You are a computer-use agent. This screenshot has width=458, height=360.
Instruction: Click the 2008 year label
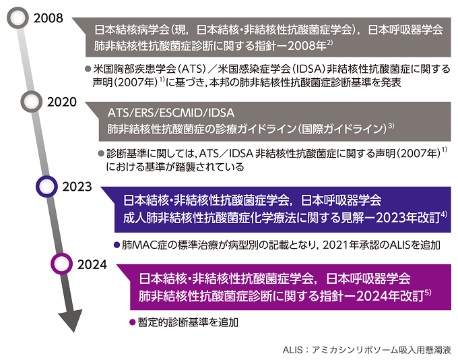click(48, 18)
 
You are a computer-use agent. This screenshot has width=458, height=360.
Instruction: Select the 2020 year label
click(62, 102)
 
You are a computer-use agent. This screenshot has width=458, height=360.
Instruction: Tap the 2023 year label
click(77, 187)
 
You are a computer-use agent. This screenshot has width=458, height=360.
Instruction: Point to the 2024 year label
click(92, 264)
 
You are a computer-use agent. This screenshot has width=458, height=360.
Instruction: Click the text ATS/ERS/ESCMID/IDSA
click(171, 113)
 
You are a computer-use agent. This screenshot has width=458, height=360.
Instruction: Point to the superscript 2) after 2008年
click(330, 42)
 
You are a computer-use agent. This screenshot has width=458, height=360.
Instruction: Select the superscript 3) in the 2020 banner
click(391, 126)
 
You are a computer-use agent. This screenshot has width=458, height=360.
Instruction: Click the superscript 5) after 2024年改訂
click(428, 292)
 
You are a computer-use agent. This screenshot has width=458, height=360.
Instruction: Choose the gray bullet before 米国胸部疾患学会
click(88, 69)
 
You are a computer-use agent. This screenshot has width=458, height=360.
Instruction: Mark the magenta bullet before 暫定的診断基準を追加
click(132, 322)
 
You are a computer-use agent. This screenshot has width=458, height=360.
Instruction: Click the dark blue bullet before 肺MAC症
click(117, 245)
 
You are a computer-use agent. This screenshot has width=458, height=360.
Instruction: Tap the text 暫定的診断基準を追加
click(188, 322)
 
